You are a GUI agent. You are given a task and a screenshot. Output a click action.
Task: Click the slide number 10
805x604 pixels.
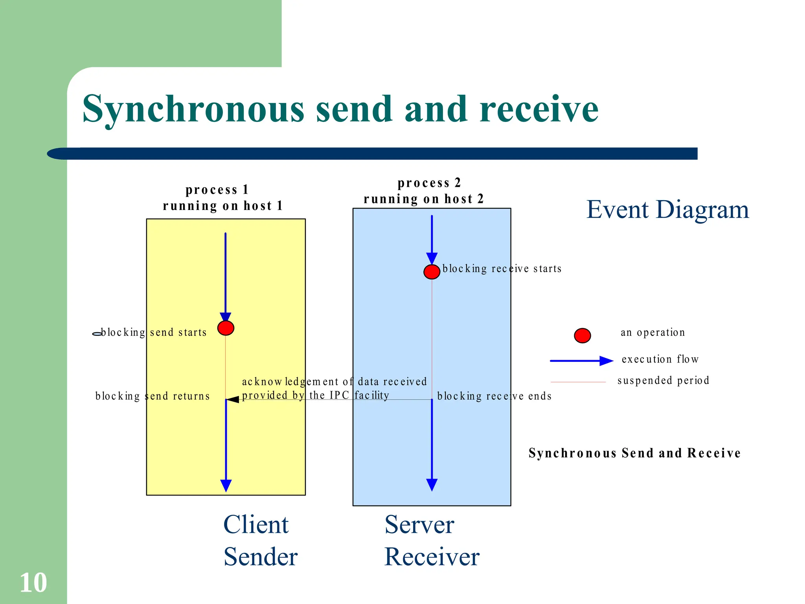tap(33, 582)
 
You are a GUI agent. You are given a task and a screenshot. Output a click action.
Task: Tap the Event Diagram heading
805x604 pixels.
tap(667, 209)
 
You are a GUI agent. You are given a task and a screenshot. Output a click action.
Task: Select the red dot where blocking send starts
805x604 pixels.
tap(226, 328)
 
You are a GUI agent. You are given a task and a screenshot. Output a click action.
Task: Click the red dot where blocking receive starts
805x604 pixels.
tap(432, 271)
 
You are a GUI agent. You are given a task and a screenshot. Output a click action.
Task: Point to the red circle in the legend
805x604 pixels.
tap(582, 335)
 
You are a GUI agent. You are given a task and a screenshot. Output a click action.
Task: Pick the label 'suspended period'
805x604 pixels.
tap(663, 380)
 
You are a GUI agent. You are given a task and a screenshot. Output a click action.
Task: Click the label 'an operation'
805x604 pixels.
tap(652, 332)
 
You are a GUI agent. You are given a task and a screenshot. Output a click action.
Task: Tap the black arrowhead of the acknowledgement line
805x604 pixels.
tap(233, 400)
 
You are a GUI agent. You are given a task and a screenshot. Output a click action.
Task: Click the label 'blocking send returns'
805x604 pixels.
tap(153, 396)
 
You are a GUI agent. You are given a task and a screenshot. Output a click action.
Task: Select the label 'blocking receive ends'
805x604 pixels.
tap(494, 396)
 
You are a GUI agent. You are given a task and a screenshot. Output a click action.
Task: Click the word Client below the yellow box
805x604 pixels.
tap(256, 525)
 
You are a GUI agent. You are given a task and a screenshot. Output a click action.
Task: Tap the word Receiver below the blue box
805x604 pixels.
tap(432, 557)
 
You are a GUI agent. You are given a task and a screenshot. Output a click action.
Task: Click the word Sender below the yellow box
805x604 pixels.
tap(261, 557)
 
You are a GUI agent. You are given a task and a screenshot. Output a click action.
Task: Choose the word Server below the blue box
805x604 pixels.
tap(419, 525)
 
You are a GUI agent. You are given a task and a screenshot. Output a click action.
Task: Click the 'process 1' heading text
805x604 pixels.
tap(217, 190)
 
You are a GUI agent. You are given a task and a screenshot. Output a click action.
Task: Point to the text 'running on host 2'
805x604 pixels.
tap(423, 199)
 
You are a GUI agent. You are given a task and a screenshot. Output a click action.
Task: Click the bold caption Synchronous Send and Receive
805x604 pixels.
tap(634, 453)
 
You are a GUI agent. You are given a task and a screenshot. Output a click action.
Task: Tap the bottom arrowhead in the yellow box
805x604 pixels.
tap(226, 486)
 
